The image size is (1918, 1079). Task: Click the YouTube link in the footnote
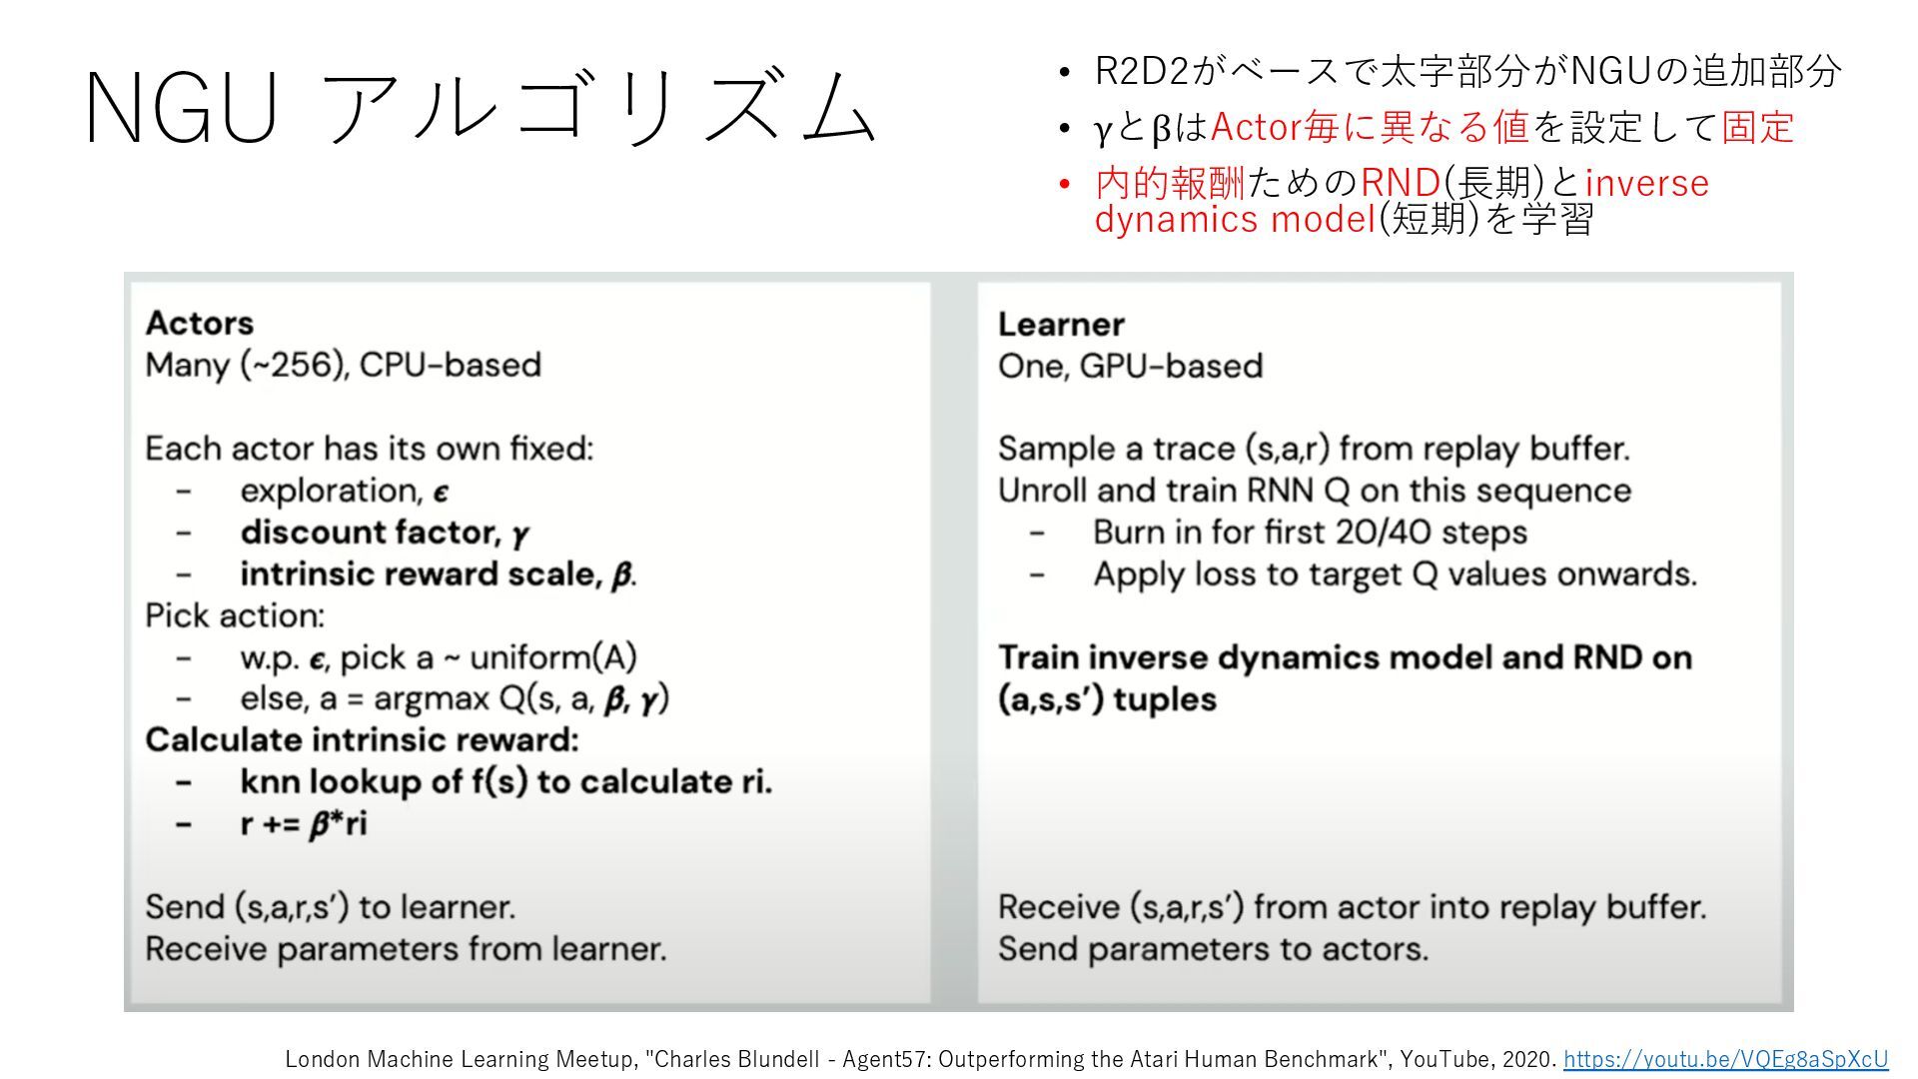click(1725, 1059)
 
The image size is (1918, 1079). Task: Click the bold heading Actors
click(200, 323)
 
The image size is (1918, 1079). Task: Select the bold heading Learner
click(1061, 324)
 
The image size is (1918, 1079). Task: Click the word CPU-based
click(451, 365)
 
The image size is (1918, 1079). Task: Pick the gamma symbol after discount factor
click(520, 535)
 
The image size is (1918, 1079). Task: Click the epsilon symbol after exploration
click(441, 492)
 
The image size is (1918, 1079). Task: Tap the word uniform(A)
click(552, 657)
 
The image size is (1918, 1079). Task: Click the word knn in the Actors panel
click(270, 781)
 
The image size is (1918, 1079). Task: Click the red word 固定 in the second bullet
click(1757, 127)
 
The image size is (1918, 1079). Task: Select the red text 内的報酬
click(1170, 183)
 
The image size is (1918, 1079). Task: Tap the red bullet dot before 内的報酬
click(1065, 184)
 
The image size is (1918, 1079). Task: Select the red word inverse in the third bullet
click(1646, 183)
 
